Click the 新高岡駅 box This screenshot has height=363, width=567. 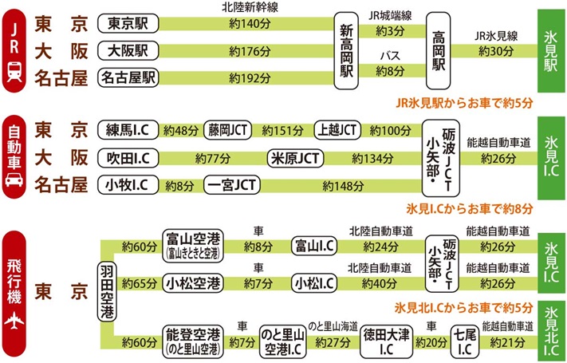[347, 49]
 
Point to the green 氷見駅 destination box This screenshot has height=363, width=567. [550, 49]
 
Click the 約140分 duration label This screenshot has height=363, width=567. [246, 24]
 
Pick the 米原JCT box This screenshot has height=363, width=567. [295, 157]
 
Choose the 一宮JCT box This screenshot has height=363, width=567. [231, 184]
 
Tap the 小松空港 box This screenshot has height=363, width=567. [193, 282]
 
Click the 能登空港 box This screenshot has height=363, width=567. [191, 338]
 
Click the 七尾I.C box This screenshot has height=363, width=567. [464, 339]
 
